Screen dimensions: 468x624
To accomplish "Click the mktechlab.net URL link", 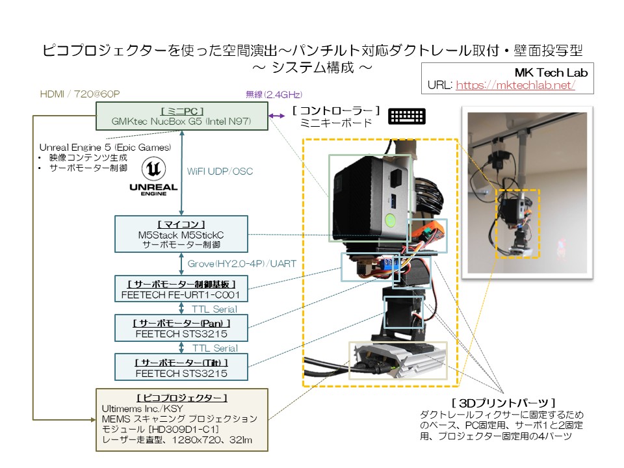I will pyautogui.click(x=515, y=85).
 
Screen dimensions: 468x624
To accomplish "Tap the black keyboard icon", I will pyautogui.click(x=407, y=116).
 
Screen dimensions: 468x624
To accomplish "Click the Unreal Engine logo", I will pyautogui.click(x=153, y=176).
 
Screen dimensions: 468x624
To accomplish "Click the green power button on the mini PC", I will pyautogui.click(x=390, y=218).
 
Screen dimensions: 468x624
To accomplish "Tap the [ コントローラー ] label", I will pyautogui.click(x=335, y=110).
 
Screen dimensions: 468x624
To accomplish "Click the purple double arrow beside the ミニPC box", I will pyautogui.click(x=278, y=116).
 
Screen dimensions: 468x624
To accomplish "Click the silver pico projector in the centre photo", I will pyautogui.click(x=398, y=361).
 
